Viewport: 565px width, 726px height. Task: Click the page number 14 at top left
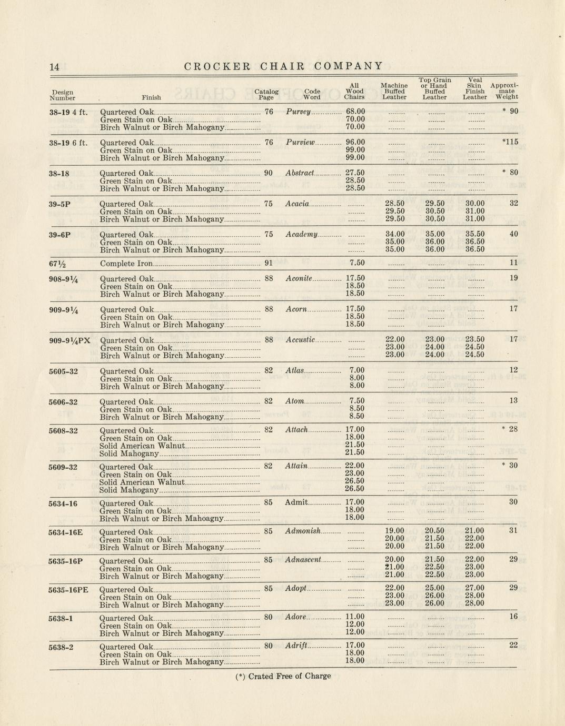(x=54, y=67)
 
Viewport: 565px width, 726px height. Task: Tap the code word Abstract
(x=300, y=173)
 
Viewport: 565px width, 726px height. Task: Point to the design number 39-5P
(x=60, y=204)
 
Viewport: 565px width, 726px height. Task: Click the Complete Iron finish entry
(x=126, y=264)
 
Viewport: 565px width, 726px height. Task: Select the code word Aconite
(x=299, y=279)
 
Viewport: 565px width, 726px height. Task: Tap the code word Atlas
(x=295, y=371)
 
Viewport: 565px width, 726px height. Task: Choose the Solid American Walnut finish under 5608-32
(x=142, y=446)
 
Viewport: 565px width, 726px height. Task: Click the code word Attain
(x=296, y=466)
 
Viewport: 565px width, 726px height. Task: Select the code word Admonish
(x=303, y=531)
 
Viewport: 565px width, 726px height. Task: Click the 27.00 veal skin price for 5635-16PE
(x=474, y=588)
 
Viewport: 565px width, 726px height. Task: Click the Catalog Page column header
(x=266, y=94)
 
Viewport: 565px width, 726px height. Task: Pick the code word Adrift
(x=295, y=646)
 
